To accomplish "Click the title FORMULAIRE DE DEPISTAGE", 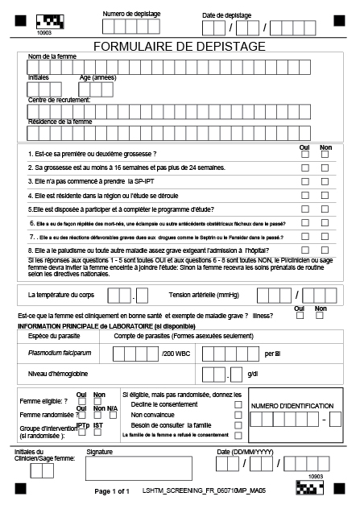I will pyautogui.click(x=180, y=47).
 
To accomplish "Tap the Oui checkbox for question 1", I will pyautogui.click(x=304, y=154).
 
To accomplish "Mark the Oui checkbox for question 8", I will pyautogui.click(x=304, y=251).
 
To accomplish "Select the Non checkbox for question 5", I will pyautogui.click(x=325, y=209).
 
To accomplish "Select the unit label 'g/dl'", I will pyautogui.click(x=253, y=375).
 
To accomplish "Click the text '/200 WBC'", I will pyautogui.click(x=176, y=354).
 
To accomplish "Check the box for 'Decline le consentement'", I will pyautogui.click(x=238, y=404).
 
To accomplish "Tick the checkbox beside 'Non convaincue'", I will pyautogui.click(x=238, y=415).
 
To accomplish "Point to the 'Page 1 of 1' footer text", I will pyautogui.click(x=112, y=490).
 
